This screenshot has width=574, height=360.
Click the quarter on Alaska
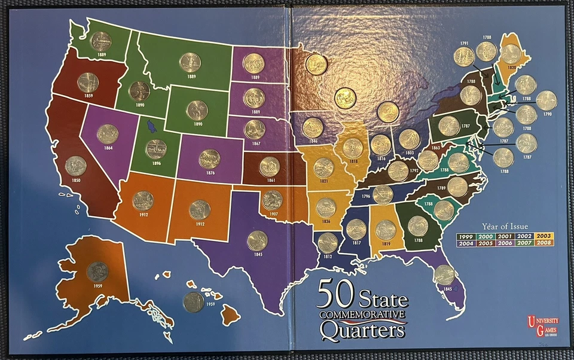(97, 272)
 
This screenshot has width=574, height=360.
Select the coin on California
(76, 166)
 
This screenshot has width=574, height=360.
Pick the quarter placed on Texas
(257, 240)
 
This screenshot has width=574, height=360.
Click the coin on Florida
(444, 274)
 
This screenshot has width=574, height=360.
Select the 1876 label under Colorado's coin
(209, 173)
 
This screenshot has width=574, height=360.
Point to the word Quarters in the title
(363, 328)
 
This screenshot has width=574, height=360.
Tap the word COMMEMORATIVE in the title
(363, 314)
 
